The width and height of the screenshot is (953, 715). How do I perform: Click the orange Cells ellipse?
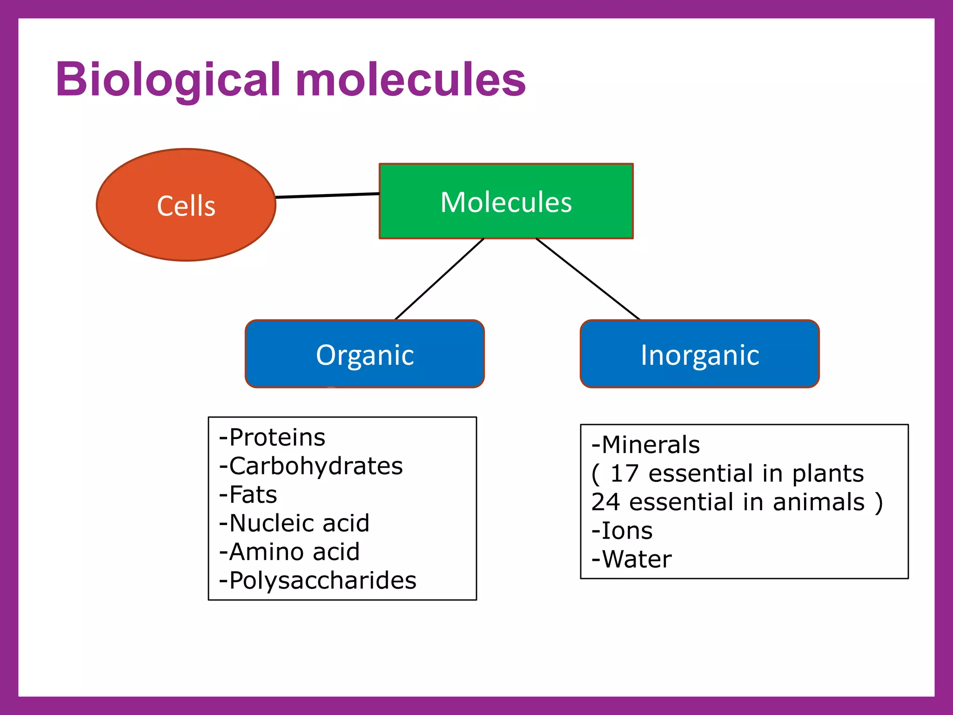[x=186, y=205]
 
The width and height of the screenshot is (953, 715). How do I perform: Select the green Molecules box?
[x=506, y=202]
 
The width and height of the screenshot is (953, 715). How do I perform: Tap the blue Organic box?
[x=364, y=354]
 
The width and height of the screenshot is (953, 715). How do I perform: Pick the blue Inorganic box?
[x=699, y=354]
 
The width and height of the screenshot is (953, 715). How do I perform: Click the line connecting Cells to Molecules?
[x=327, y=196]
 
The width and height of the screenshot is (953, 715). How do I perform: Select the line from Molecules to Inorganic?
[x=588, y=279]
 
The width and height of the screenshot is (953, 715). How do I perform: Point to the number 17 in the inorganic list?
[x=624, y=474]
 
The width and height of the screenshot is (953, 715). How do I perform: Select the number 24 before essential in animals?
[x=605, y=502]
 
